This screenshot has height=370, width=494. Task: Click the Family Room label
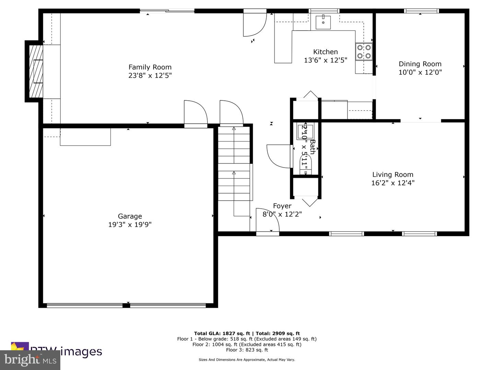click(150, 67)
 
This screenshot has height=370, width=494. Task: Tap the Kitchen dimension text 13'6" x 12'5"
click(325, 60)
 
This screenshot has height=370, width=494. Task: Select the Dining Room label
click(420, 64)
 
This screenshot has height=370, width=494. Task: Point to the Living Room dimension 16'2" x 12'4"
click(393, 183)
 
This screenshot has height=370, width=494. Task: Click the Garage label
click(130, 216)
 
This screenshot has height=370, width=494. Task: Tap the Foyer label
click(282, 206)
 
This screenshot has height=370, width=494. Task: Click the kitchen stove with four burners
click(364, 51)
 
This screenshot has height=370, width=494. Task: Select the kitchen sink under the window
click(323, 22)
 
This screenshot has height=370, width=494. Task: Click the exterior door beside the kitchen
click(255, 24)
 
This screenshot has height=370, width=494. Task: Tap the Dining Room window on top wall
click(421, 11)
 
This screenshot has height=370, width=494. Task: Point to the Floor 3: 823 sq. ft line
click(247, 350)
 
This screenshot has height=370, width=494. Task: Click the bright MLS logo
click(30, 360)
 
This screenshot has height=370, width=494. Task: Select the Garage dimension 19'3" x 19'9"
click(130, 225)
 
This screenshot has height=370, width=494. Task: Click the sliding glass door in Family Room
click(167, 11)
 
